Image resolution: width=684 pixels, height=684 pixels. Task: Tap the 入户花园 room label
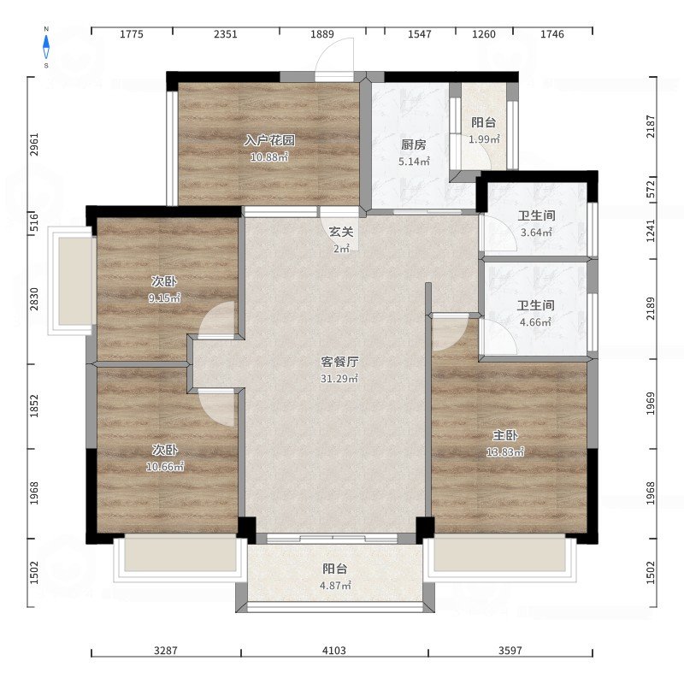point(269,140)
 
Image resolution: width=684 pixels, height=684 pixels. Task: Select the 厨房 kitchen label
point(414,144)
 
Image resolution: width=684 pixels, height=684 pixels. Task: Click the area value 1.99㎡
point(484,139)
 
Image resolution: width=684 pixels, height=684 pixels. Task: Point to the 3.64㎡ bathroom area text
point(537,232)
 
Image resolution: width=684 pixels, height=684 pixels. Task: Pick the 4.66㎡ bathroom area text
point(536,322)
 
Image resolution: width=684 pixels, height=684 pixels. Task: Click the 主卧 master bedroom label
point(505,435)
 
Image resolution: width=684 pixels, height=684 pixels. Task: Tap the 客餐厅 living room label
point(339,361)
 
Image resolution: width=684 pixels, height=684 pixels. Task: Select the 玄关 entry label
point(341,232)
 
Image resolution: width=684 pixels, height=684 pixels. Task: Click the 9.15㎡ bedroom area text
point(164,298)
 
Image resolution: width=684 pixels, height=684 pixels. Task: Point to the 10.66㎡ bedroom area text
point(165,466)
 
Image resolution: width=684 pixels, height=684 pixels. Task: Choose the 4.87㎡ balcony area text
point(335,586)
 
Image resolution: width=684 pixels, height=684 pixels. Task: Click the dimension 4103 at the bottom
point(334,651)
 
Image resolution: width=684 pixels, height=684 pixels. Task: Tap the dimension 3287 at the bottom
point(166,651)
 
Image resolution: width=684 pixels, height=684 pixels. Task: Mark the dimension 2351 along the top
point(226,34)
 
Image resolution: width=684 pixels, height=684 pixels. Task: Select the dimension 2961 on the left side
point(34,144)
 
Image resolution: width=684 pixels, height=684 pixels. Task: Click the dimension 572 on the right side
point(651,190)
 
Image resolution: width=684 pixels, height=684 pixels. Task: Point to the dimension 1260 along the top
point(484,34)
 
